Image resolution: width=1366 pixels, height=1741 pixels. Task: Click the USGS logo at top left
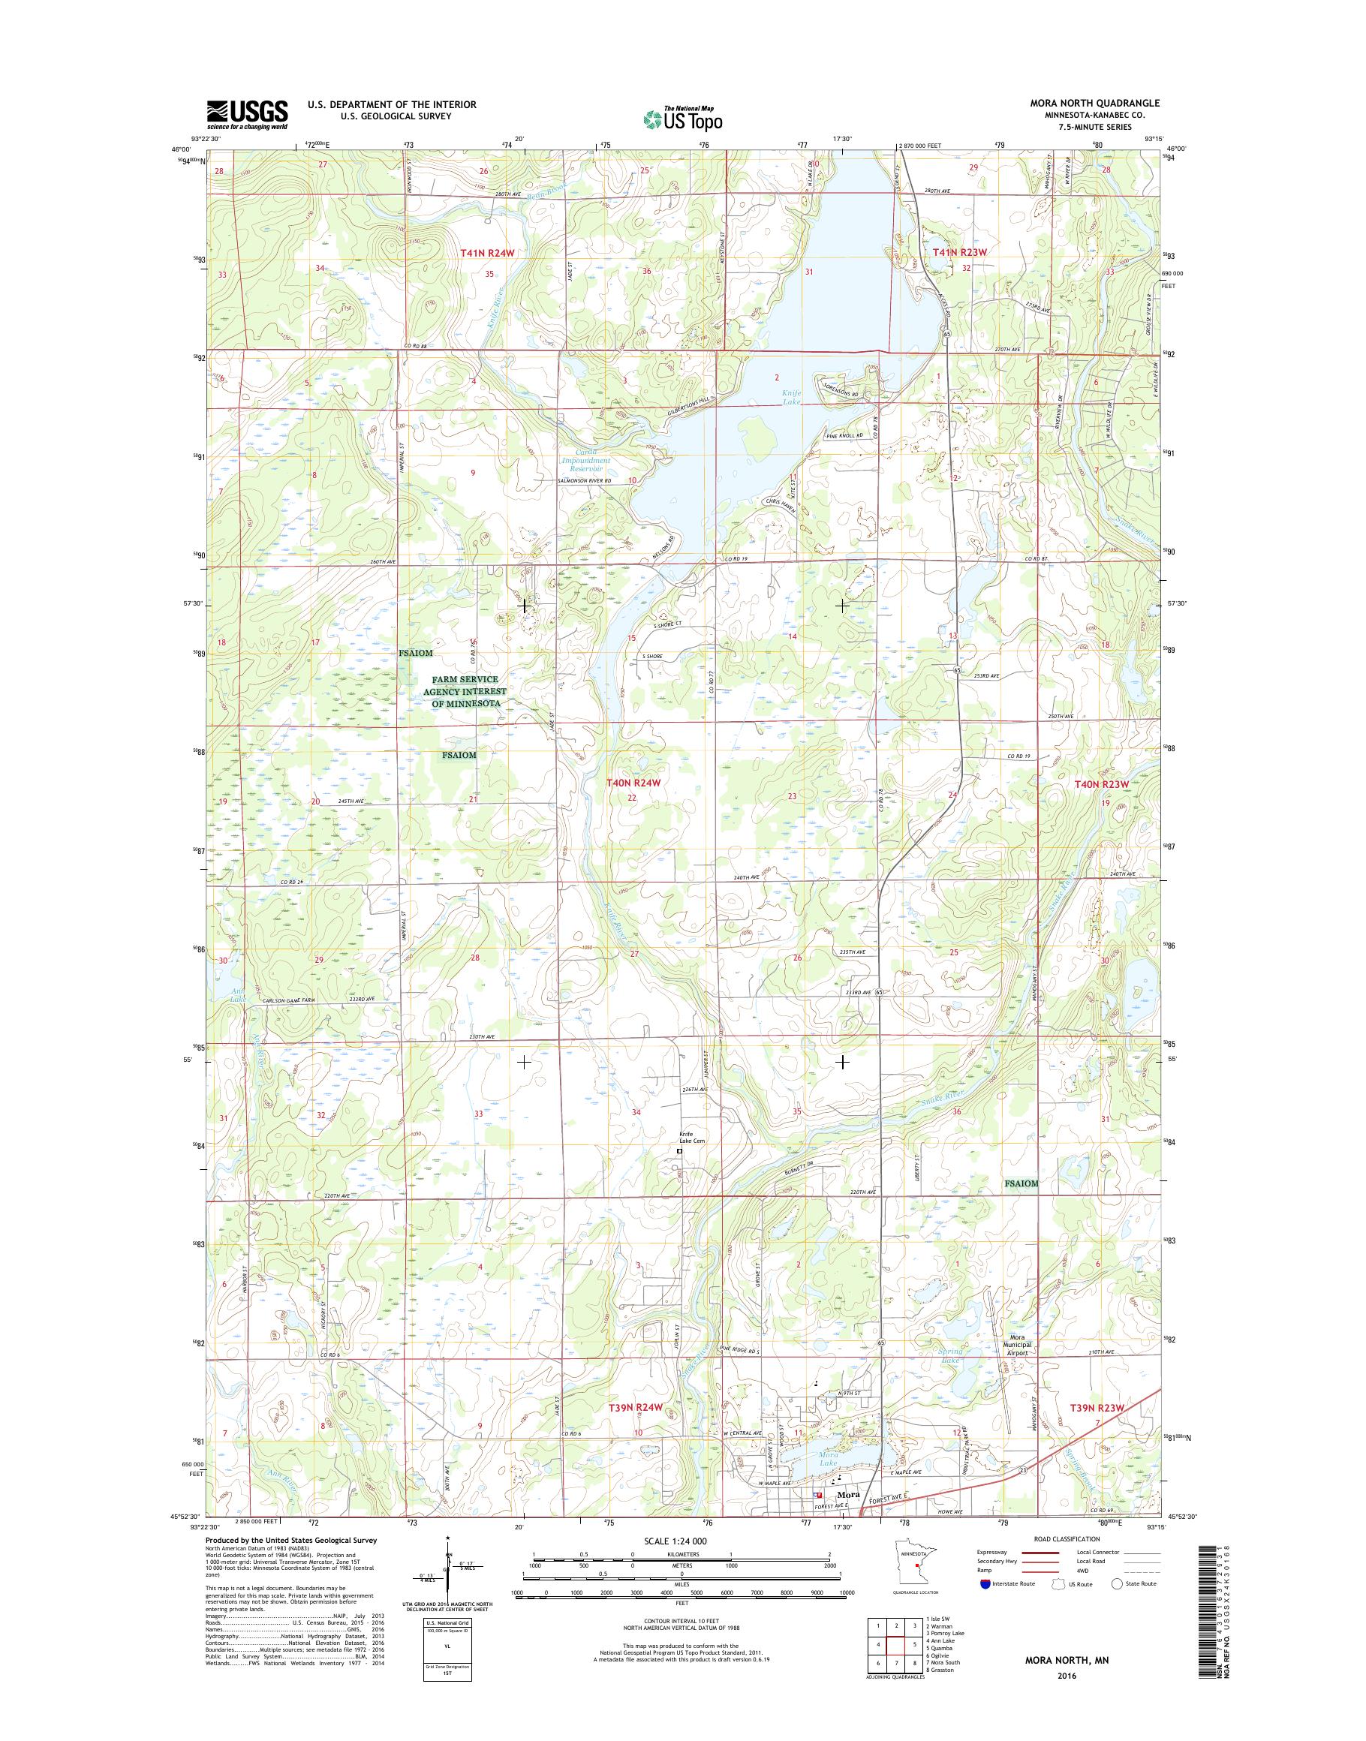(247, 114)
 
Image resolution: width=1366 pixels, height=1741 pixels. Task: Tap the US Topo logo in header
(683, 119)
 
